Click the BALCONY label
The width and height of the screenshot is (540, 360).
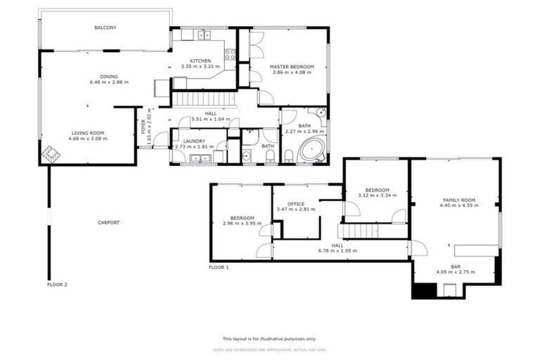pos(105,28)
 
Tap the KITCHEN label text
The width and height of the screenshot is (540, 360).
pos(191,60)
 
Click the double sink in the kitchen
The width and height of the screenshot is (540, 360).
pos(204,34)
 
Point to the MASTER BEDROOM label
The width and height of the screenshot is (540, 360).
pos(292,67)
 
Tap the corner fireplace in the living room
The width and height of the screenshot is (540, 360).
pos(51,154)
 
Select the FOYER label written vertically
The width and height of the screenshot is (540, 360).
pos(143,127)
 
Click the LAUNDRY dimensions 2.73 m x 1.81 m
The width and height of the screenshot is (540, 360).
pos(194,147)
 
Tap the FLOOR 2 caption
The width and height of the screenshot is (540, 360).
pos(57,285)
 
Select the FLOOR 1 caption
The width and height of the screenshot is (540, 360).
pos(219,267)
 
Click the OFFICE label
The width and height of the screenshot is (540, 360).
pos(295,204)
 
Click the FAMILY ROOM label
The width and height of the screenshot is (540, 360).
pos(459,200)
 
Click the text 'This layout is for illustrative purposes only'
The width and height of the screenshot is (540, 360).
pos(269,338)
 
